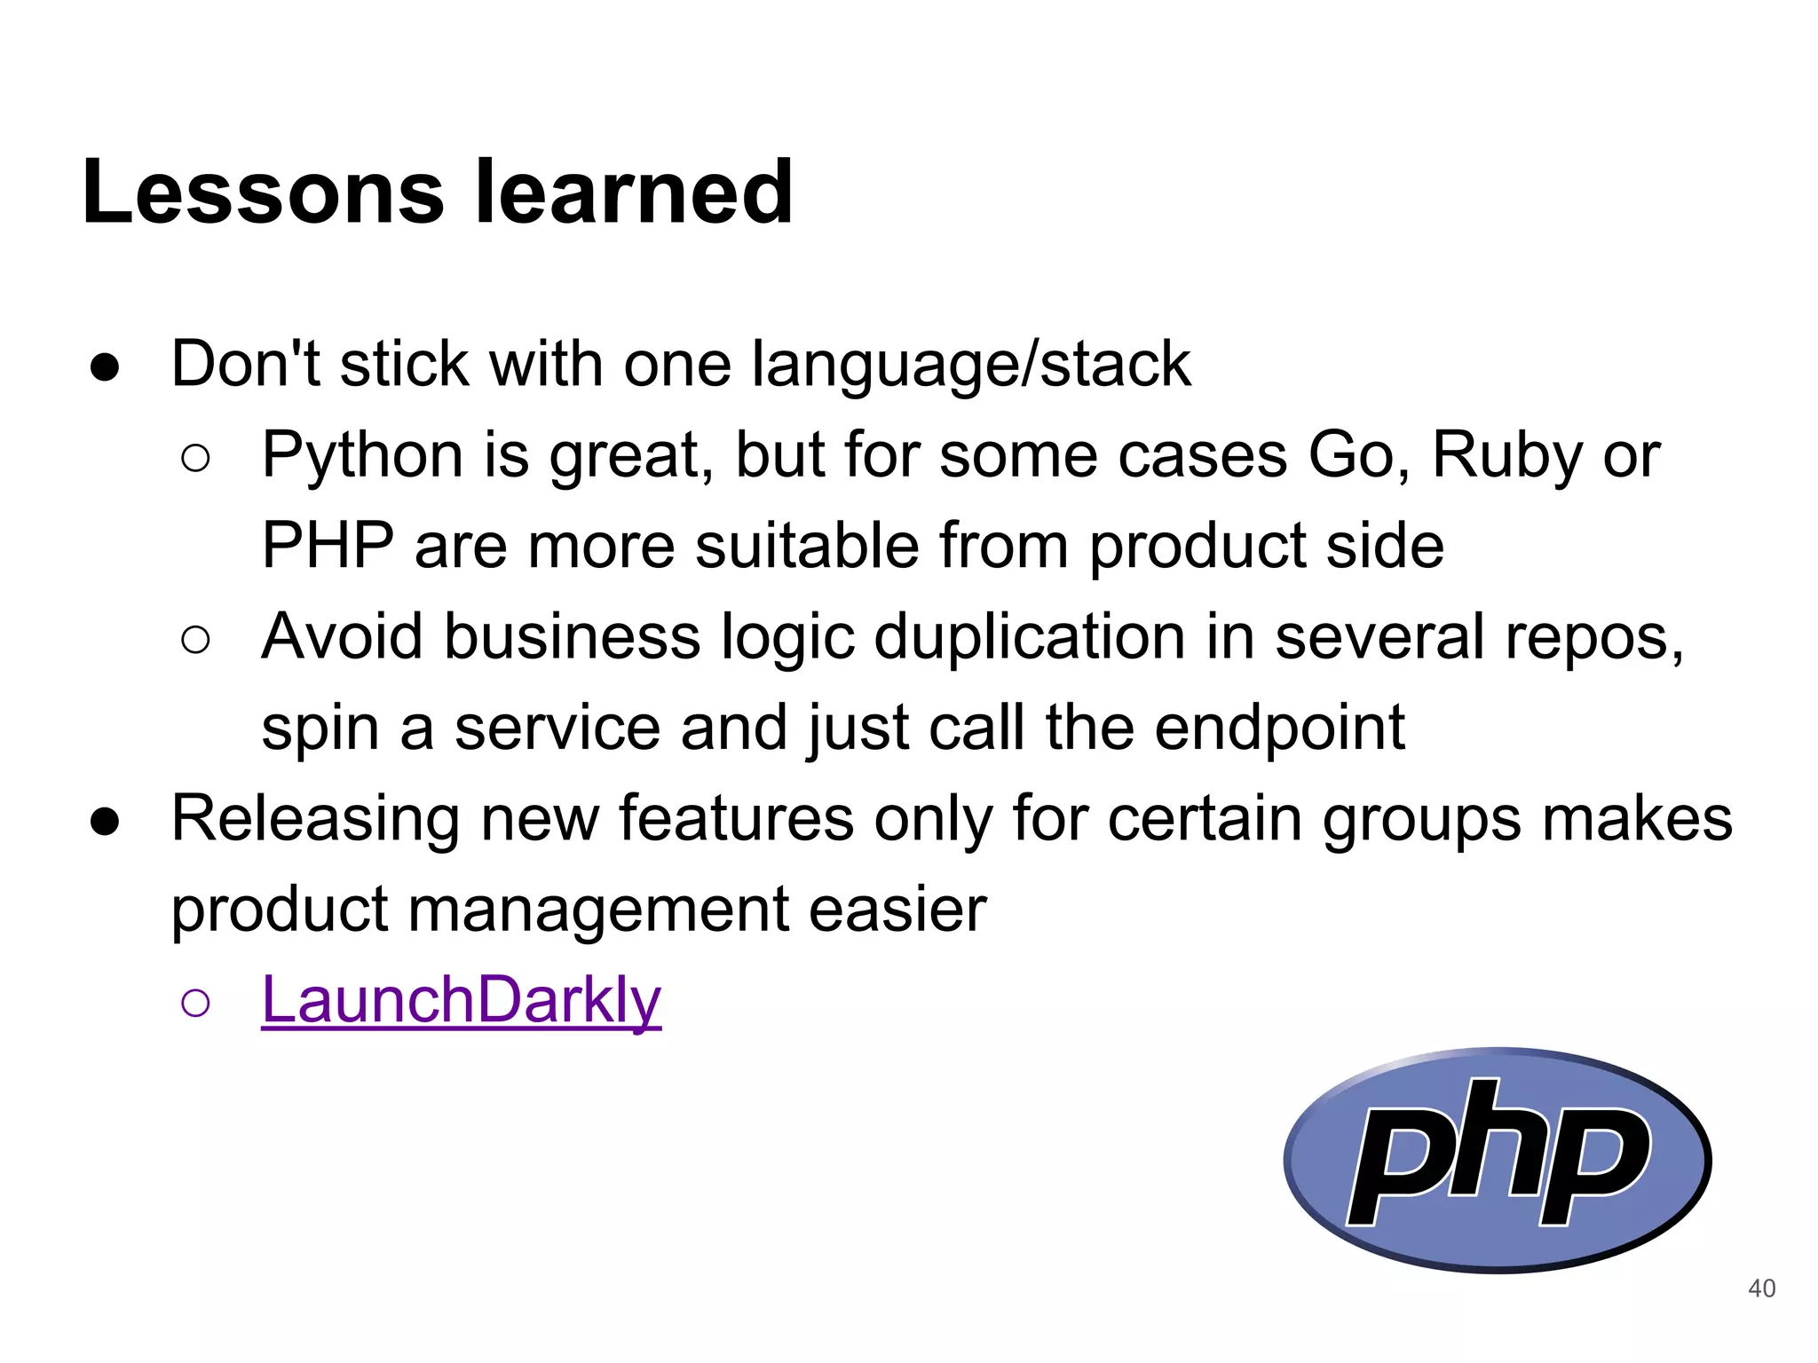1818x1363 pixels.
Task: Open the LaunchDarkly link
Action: (461, 1000)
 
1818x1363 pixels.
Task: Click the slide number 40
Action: (1761, 1288)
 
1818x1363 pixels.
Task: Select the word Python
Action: (362, 456)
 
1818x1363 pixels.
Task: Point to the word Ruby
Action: (1507, 454)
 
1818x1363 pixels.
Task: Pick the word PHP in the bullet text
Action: (328, 545)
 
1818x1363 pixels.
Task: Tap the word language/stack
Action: (971, 366)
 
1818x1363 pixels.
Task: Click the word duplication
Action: (1029, 637)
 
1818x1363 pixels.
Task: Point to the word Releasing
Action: (315, 820)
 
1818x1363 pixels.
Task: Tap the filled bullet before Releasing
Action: (105, 822)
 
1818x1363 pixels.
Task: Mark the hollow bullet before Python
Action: (195, 459)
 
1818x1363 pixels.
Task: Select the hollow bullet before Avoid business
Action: (195, 640)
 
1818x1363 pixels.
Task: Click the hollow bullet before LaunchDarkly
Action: (195, 1003)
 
